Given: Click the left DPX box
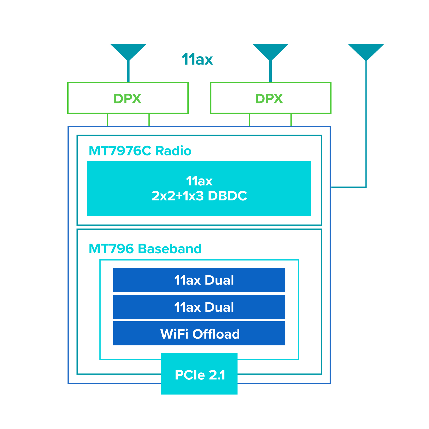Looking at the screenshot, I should point(128,98).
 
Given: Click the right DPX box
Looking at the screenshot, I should point(271,98).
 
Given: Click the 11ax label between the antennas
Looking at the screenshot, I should point(197,59).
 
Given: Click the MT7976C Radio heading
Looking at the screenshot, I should point(140,151).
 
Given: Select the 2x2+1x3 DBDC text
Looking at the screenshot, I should point(199,196).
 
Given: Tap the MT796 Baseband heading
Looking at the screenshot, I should point(145,249).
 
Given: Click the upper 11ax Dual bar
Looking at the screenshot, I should point(199,280).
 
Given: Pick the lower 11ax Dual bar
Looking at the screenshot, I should point(199,307).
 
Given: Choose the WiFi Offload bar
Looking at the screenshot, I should point(199,334).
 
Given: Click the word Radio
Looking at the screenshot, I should point(173,151).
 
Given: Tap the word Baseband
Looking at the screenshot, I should point(170,249).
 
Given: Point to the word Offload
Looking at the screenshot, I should point(216,334).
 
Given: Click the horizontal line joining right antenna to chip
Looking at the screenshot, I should point(348,187).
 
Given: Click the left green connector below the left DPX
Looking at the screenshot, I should point(107,120).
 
